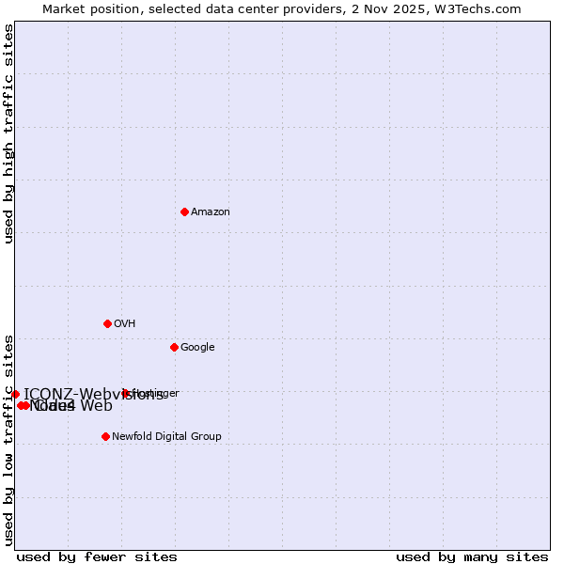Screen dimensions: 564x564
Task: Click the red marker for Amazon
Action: click(x=184, y=211)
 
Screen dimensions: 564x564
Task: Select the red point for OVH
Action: click(x=107, y=323)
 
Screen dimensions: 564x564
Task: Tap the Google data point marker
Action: click(x=174, y=347)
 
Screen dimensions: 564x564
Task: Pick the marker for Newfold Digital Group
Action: click(x=105, y=436)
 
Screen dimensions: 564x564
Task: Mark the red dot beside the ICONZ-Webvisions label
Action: click(x=15, y=394)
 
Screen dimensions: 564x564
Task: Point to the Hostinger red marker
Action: click(x=125, y=393)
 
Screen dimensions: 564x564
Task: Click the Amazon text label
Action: click(x=211, y=212)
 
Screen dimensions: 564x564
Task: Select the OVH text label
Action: click(x=125, y=324)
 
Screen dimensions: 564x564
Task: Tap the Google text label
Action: click(x=197, y=348)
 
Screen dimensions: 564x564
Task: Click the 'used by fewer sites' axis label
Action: click(x=97, y=556)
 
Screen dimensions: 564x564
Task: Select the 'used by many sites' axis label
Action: click(x=472, y=556)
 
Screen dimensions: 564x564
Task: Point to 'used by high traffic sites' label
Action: click(x=9, y=134)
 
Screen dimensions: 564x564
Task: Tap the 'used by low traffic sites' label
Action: click(x=9, y=439)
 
